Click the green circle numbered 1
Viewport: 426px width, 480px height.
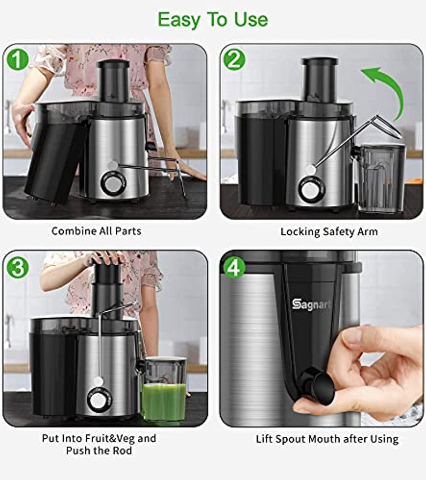tap(17, 60)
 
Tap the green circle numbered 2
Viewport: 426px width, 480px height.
tap(234, 60)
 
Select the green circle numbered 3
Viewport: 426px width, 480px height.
tap(17, 267)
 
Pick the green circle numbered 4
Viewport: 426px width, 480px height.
tap(234, 267)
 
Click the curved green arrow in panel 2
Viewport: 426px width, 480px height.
tap(395, 89)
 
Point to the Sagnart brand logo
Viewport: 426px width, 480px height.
tap(311, 305)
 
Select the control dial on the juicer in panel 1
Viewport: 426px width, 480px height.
tap(113, 184)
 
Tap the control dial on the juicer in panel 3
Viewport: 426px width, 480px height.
tap(99, 399)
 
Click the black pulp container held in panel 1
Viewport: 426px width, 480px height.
tap(55, 159)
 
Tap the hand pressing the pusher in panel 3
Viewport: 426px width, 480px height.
tap(105, 258)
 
